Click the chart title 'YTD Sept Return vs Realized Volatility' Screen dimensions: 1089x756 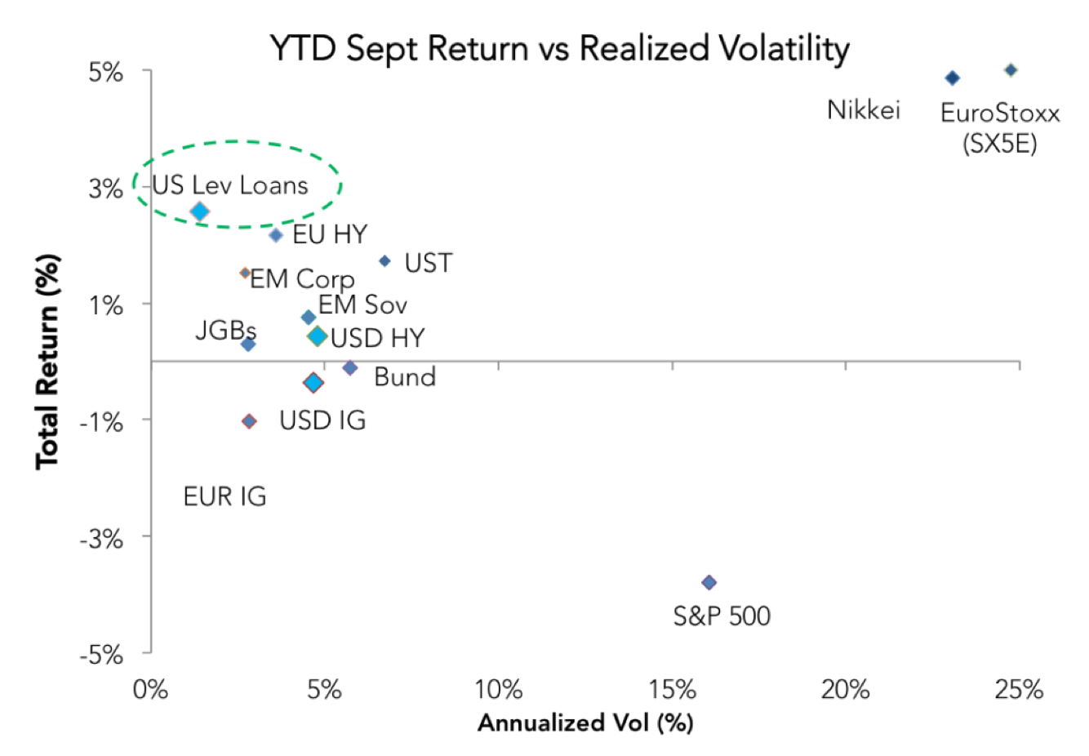[x=559, y=49]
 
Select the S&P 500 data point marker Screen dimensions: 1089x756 [x=709, y=582]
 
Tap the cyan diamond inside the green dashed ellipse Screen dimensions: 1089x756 [x=200, y=211]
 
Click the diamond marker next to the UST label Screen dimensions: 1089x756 [x=384, y=261]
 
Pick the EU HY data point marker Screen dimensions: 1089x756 [x=276, y=236]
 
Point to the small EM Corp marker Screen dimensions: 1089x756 [x=245, y=273]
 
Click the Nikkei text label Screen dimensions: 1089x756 [x=864, y=110]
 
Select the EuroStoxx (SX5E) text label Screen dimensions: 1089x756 [x=1000, y=128]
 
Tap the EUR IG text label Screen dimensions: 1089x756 [x=224, y=497]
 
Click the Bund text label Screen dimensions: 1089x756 [x=405, y=377]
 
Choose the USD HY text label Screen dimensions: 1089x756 [x=378, y=338]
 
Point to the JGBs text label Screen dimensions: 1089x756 [x=226, y=331]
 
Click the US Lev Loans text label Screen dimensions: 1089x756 [x=230, y=185]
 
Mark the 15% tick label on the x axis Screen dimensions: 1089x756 [x=673, y=689]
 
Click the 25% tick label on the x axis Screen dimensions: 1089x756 [x=1019, y=689]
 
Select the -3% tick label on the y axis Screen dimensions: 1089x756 [x=101, y=539]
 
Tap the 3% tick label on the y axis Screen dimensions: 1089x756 [x=105, y=189]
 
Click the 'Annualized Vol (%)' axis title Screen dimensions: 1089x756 [x=585, y=723]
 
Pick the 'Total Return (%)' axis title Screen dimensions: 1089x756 [x=47, y=362]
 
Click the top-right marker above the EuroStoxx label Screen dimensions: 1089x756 [x=1011, y=70]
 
